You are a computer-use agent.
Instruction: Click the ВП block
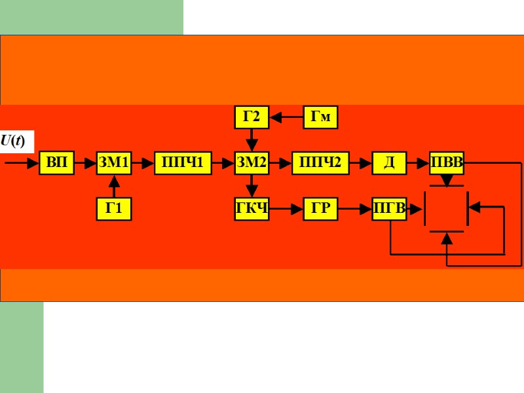pos(56,162)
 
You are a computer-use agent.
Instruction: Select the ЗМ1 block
pos(114,162)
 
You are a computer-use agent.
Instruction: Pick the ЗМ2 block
pos(252,162)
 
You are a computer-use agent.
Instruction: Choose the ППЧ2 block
pos(320,162)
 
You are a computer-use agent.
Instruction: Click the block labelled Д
pos(389,162)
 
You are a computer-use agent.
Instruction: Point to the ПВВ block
pos(446,162)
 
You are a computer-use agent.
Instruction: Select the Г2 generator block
pos(252,117)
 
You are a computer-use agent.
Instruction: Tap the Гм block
pos(320,117)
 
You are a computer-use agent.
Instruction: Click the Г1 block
pos(114,209)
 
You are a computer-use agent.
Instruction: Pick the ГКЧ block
pos(252,209)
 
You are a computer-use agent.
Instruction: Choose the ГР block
pos(320,209)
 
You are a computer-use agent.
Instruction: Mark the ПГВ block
pos(389,209)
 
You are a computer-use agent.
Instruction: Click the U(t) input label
pos(13,141)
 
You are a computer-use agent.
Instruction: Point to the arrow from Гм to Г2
pos(286,117)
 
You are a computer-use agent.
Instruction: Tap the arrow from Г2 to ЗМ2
pos(252,140)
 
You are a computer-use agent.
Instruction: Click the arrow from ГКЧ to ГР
pos(286,209)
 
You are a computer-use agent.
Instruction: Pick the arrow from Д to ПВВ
pos(418,162)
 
